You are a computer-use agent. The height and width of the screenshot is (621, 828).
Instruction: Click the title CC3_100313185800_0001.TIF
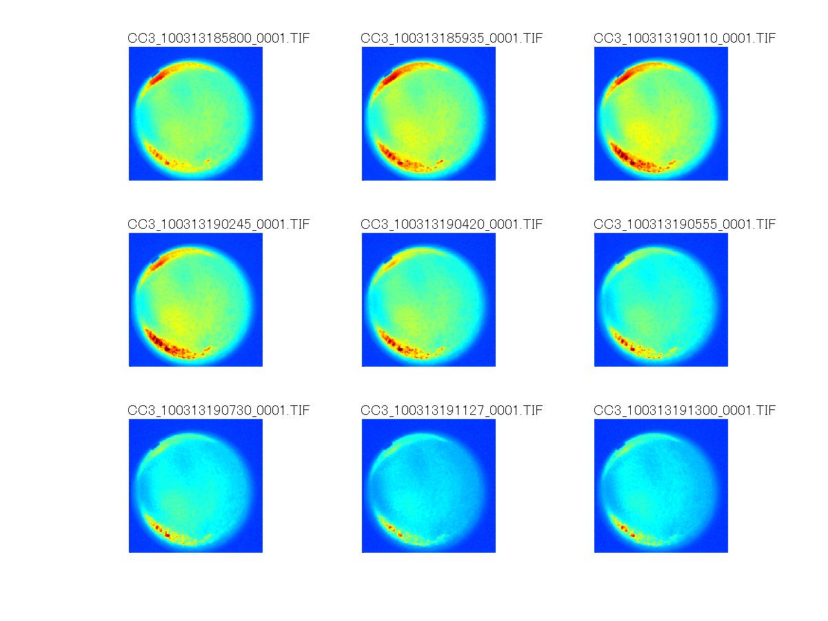(219, 38)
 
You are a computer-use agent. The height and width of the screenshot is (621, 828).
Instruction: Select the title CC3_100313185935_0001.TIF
(452, 38)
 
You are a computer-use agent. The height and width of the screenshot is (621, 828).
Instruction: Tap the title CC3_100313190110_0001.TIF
(685, 38)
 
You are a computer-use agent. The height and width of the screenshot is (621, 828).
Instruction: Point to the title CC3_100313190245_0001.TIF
(219, 224)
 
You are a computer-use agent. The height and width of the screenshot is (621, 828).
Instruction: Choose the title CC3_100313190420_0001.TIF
(452, 224)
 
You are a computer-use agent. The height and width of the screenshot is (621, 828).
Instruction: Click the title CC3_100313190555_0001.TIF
(685, 224)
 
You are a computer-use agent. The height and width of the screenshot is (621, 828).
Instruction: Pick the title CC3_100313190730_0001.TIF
(219, 411)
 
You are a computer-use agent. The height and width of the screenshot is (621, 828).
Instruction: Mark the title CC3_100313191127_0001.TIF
(452, 411)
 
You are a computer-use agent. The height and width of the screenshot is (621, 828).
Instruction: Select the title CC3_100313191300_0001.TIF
(685, 411)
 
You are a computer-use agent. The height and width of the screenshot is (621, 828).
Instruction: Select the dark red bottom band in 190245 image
(165, 344)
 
